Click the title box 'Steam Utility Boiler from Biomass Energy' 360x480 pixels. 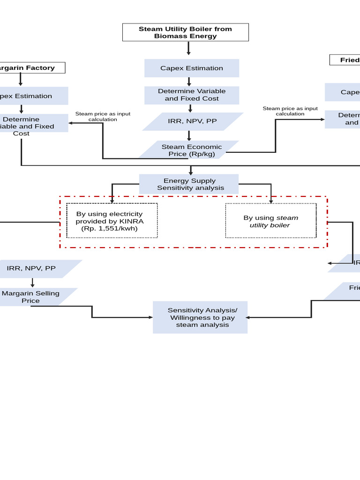coord(185,32)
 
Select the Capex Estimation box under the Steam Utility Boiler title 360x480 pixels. coord(191,68)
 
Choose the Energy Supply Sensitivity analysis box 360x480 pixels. coord(189,184)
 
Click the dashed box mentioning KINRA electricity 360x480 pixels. coord(112,221)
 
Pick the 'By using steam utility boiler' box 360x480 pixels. coord(270,221)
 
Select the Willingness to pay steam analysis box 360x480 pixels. coord(200,317)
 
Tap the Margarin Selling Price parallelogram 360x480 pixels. coord(32,297)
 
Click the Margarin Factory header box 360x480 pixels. coord(28,68)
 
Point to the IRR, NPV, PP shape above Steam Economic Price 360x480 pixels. coord(192,121)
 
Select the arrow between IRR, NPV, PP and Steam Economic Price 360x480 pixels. coord(189,135)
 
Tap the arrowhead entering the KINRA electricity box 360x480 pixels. coord(112,201)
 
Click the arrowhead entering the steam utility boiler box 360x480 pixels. coord(271,201)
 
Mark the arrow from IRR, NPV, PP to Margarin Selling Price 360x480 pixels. coord(32,283)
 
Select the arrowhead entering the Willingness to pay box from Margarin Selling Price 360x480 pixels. coord(150,317)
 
